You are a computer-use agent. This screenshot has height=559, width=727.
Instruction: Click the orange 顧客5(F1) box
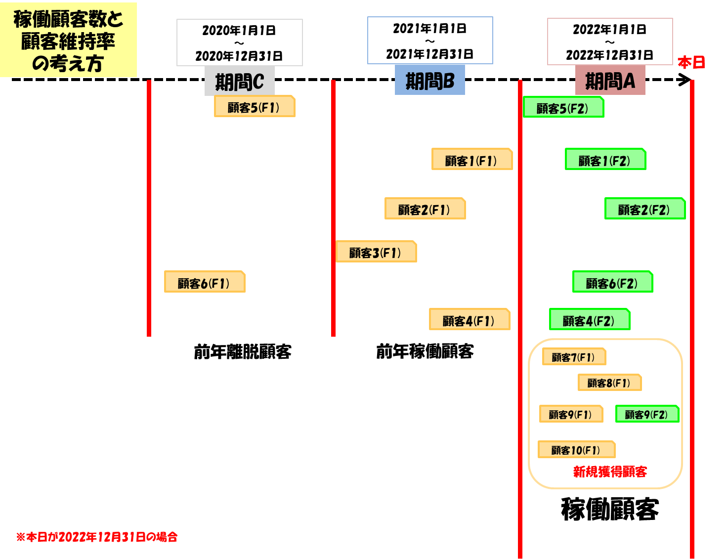pyautogui.click(x=255, y=106)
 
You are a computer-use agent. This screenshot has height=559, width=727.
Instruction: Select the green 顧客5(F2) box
pyautogui.click(x=563, y=107)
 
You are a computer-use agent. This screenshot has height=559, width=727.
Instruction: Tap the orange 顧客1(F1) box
pyautogui.click(x=472, y=159)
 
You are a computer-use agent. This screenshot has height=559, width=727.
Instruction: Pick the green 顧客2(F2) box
pyautogui.click(x=645, y=209)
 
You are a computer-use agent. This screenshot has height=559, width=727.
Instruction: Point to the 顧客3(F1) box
pyautogui.click(x=376, y=252)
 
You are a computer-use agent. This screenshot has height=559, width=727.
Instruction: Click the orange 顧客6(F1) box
pyautogui.click(x=205, y=282)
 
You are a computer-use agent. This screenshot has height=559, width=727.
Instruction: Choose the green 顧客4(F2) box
pyautogui.click(x=590, y=320)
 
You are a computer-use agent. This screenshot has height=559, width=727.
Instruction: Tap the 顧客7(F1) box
pyautogui.click(x=574, y=356)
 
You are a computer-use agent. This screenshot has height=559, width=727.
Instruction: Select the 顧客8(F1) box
pyautogui.click(x=609, y=383)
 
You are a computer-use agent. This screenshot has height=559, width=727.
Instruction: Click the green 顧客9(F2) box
pyautogui.click(x=647, y=414)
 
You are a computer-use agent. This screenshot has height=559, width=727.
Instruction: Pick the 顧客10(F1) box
pyautogui.click(x=576, y=450)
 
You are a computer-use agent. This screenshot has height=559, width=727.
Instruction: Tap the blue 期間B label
pyautogui.click(x=430, y=80)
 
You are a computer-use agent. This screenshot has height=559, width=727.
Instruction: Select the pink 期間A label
pyautogui.click(x=610, y=81)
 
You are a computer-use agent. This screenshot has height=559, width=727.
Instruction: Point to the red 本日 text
pyautogui.click(x=691, y=63)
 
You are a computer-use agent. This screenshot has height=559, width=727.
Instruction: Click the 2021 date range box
pyautogui.click(x=430, y=41)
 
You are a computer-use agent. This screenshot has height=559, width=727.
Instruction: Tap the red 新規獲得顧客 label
pyautogui.click(x=610, y=472)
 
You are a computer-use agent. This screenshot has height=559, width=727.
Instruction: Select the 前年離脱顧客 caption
pyautogui.click(x=243, y=352)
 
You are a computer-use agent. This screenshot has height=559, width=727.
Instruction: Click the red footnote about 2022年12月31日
pyautogui.click(x=97, y=537)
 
